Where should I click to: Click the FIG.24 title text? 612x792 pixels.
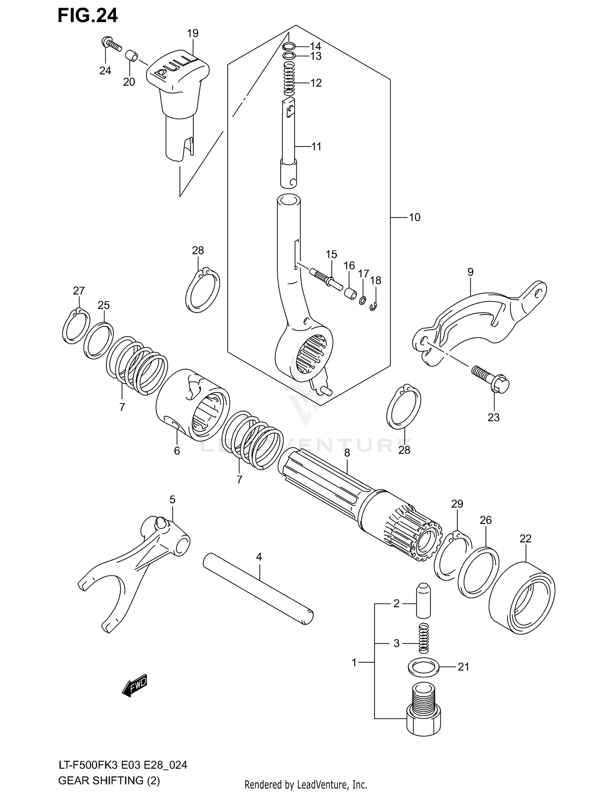tap(87, 16)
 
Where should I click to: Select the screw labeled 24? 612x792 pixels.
tap(111, 44)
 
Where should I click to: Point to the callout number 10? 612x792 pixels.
tap(414, 217)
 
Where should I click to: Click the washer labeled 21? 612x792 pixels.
tap(424, 667)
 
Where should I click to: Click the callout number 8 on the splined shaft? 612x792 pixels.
tap(347, 453)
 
